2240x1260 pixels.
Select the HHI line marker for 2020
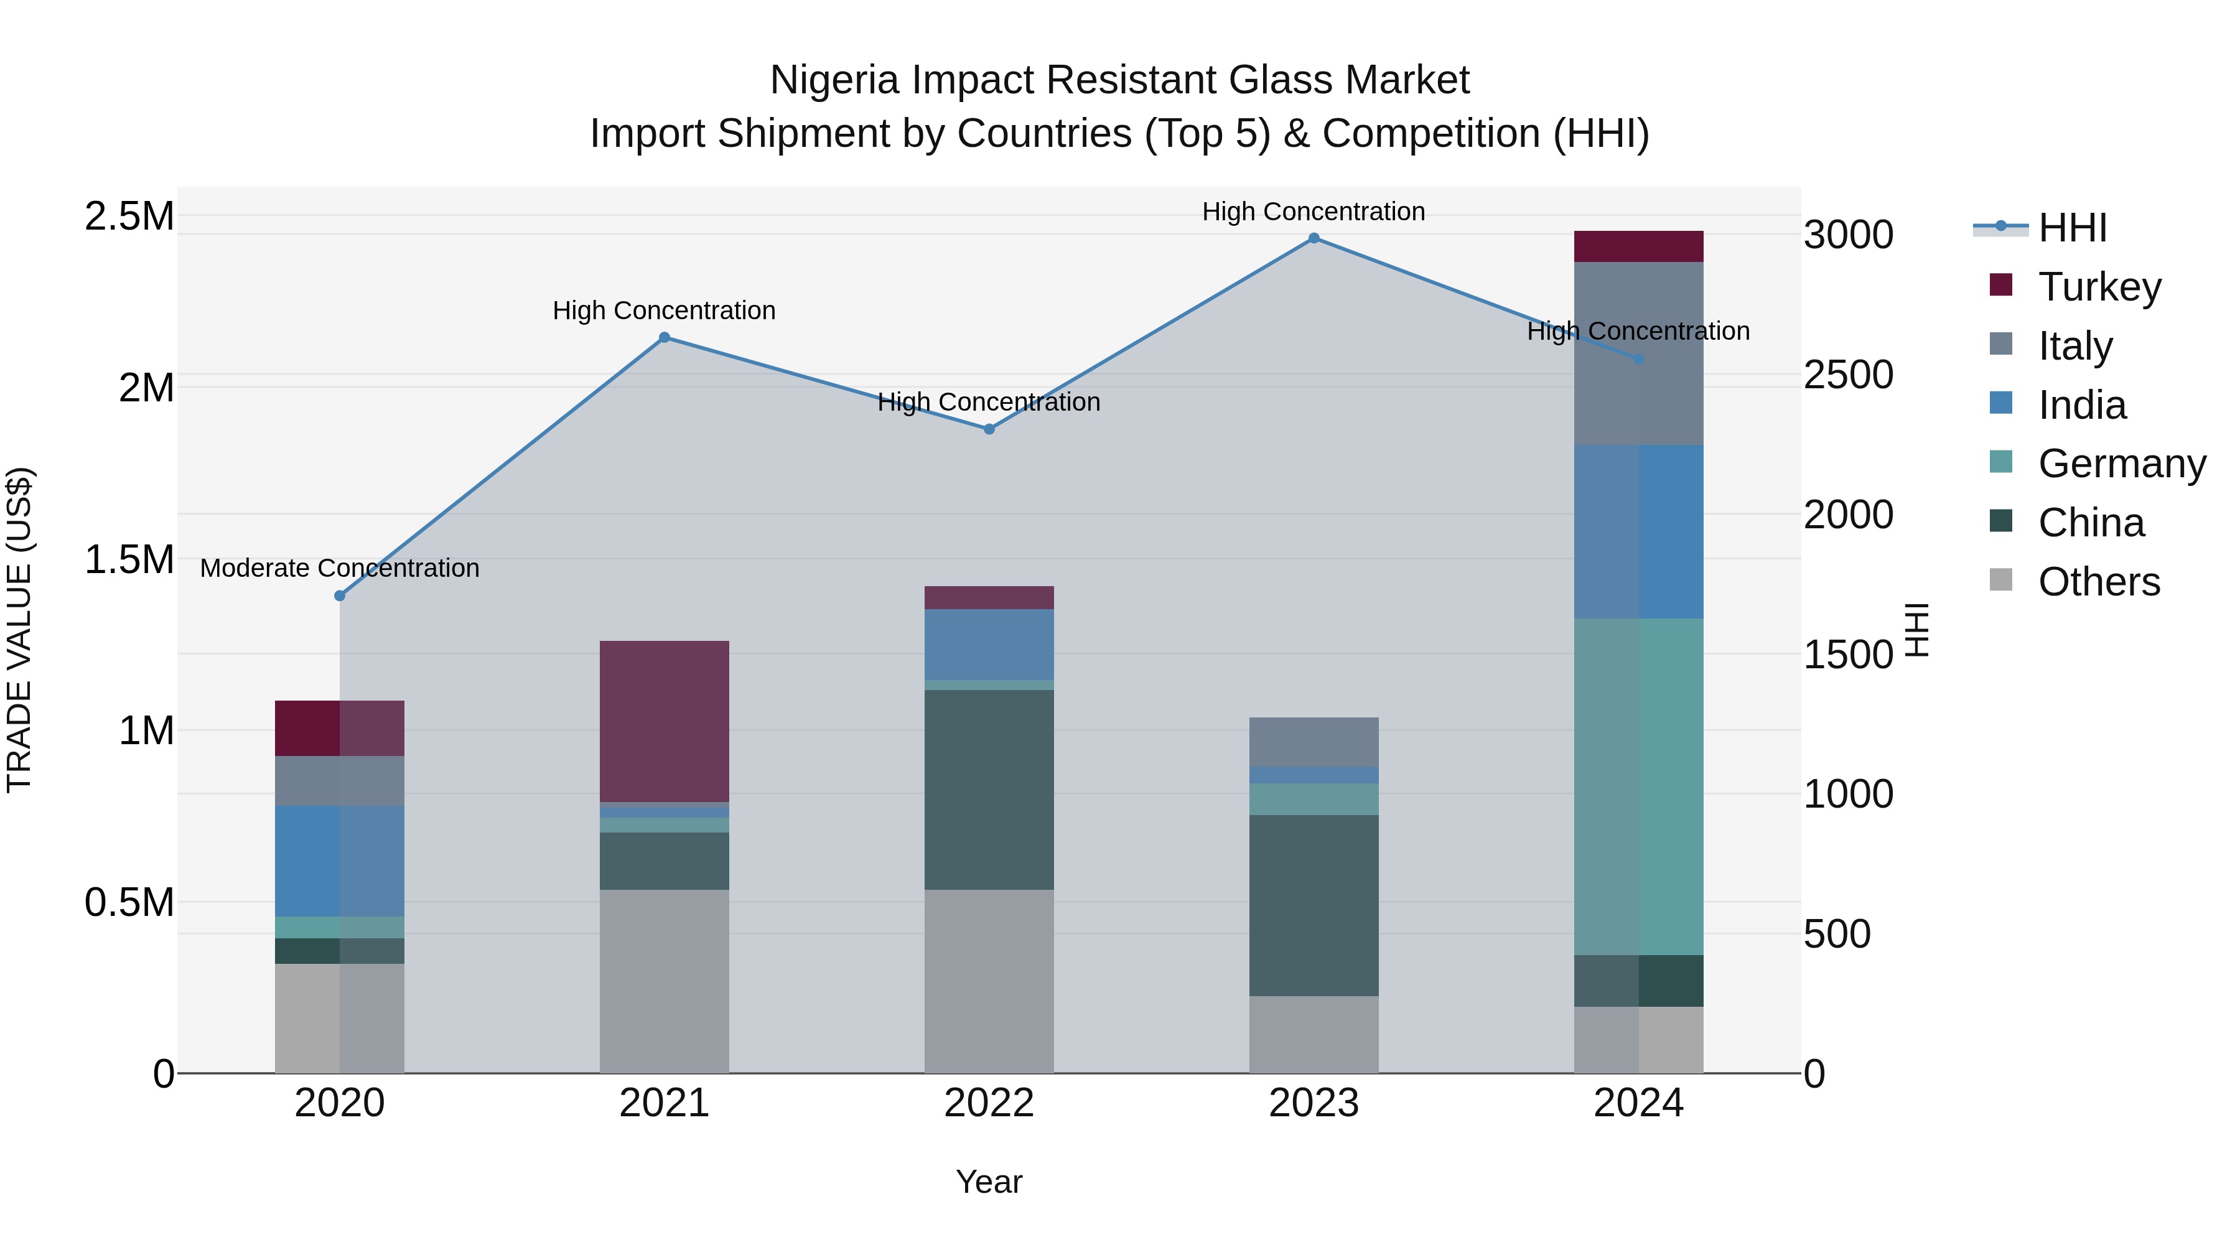(x=340, y=595)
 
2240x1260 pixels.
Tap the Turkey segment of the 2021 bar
(x=665, y=721)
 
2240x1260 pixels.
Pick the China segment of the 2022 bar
(x=989, y=789)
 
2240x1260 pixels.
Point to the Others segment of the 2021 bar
(x=665, y=980)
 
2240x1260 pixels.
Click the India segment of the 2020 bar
(x=339, y=861)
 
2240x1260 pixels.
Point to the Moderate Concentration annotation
(x=339, y=568)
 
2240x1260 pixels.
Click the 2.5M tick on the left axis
(x=129, y=216)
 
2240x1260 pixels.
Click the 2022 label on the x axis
(x=989, y=1103)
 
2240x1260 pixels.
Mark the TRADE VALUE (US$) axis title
(x=19, y=630)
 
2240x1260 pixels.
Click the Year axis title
(x=989, y=1182)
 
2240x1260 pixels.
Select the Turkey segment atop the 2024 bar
(x=1638, y=246)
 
